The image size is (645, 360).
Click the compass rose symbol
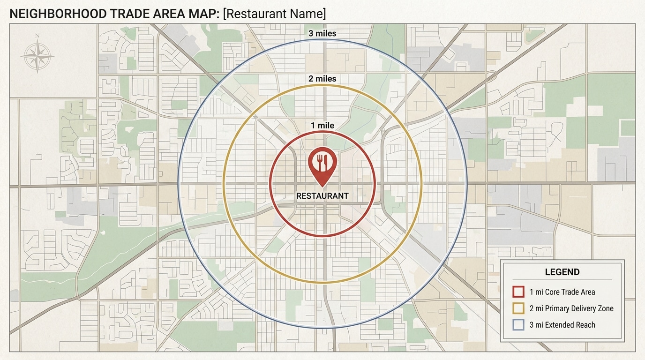coord(37,56)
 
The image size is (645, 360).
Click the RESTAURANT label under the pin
coord(322,196)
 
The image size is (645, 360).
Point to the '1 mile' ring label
coord(322,126)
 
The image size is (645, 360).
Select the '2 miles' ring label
coord(322,79)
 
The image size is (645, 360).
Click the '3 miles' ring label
coord(322,34)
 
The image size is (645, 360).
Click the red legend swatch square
coord(518,292)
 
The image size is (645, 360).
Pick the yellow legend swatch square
coord(518,308)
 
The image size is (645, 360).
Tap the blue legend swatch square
coord(518,325)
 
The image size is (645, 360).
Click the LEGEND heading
coord(562,272)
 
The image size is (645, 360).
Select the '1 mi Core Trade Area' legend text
coord(562,292)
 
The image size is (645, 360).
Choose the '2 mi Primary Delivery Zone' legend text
coord(571,308)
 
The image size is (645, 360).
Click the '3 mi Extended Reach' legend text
coord(562,325)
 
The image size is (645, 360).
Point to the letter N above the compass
coord(37,36)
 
